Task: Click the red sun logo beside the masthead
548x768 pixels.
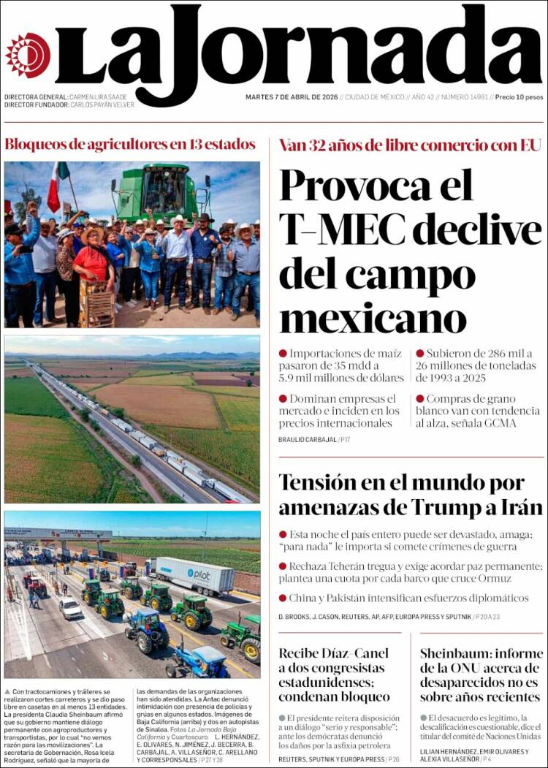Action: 28,55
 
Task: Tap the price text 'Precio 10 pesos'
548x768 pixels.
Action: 520,97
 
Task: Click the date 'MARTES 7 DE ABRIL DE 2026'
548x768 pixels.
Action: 292,97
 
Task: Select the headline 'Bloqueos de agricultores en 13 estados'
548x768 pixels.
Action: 130,144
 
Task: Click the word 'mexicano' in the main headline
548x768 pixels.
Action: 373,319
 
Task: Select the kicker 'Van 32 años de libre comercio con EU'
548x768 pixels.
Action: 409,145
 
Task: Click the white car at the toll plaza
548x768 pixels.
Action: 70,607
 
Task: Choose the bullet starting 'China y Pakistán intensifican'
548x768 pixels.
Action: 409,598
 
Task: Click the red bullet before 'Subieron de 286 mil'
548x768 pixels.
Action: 420,353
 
